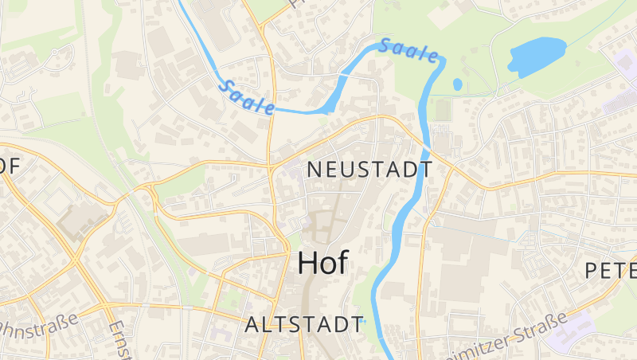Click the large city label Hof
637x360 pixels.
point(322,263)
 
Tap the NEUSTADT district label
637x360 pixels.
point(369,170)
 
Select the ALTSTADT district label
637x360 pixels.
point(303,325)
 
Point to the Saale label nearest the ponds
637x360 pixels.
point(408,50)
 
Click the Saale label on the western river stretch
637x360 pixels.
point(247,96)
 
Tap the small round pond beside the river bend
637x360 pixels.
point(458,84)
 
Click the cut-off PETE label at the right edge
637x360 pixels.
point(611,270)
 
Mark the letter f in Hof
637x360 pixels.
point(342,262)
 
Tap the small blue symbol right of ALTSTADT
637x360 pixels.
point(361,323)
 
